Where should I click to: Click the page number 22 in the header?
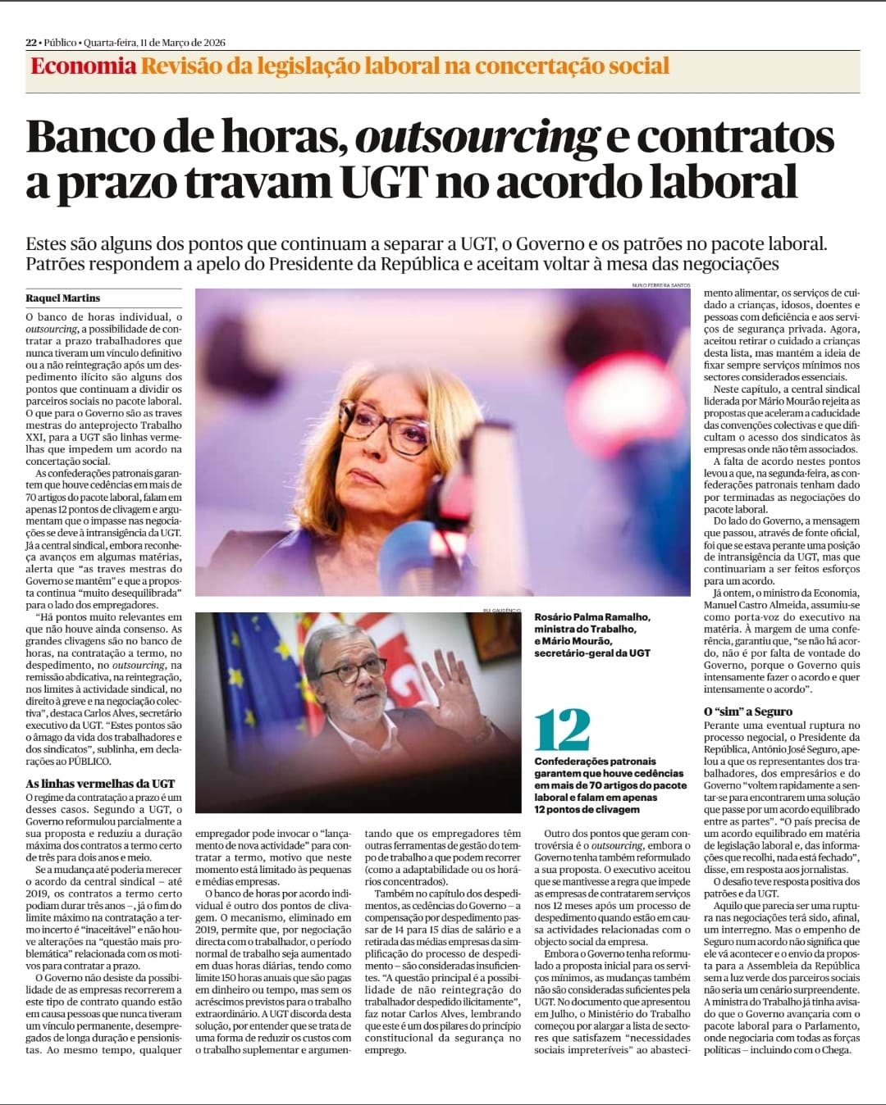pyautogui.click(x=31, y=43)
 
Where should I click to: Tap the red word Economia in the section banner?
pyautogui.click(x=83, y=66)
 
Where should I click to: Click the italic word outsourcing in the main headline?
pyautogui.click(x=476, y=138)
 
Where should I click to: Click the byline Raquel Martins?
pyautogui.click(x=63, y=298)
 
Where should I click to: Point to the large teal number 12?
pyautogui.click(x=563, y=730)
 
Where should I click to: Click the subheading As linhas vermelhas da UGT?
pyautogui.click(x=100, y=783)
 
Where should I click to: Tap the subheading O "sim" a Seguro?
pyautogui.click(x=748, y=712)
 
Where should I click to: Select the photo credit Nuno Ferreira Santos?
pyautogui.click(x=660, y=284)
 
